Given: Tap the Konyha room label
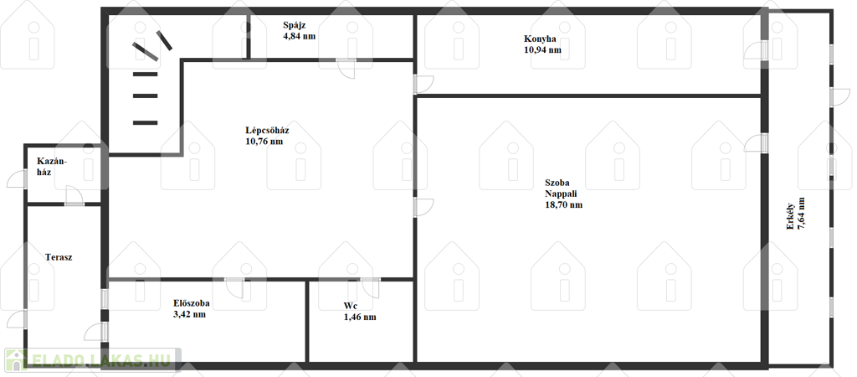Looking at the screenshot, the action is [x=540, y=39].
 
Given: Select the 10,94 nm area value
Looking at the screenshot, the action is [x=542, y=49].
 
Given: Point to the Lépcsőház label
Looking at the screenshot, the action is [x=267, y=130].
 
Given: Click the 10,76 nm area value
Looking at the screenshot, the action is [x=264, y=142].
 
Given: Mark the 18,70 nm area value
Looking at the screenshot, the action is [x=563, y=204].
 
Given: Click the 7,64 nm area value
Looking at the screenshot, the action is [x=801, y=216].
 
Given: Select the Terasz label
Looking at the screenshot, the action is [x=59, y=257].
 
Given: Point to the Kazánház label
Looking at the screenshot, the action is [x=52, y=166].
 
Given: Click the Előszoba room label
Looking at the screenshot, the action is [x=192, y=303].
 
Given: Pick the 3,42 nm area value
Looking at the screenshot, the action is [x=189, y=314].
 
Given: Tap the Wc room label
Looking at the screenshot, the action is [x=351, y=306].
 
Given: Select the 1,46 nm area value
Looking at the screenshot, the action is [x=360, y=317].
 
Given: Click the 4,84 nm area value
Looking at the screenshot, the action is [x=300, y=36].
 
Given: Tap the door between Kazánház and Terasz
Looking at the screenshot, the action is [x=74, y=196].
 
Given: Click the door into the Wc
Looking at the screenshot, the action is [x=370, y=287].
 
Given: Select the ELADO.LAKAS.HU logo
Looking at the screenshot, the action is [x=90, y=359].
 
